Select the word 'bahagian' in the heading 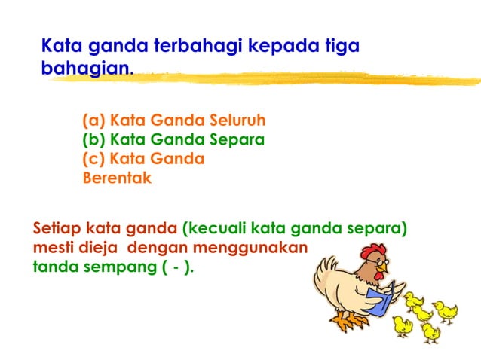click(85, 70)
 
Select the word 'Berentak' click(117, 178)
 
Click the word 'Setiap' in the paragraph click(57, 228)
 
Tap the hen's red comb click(372, 251)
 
